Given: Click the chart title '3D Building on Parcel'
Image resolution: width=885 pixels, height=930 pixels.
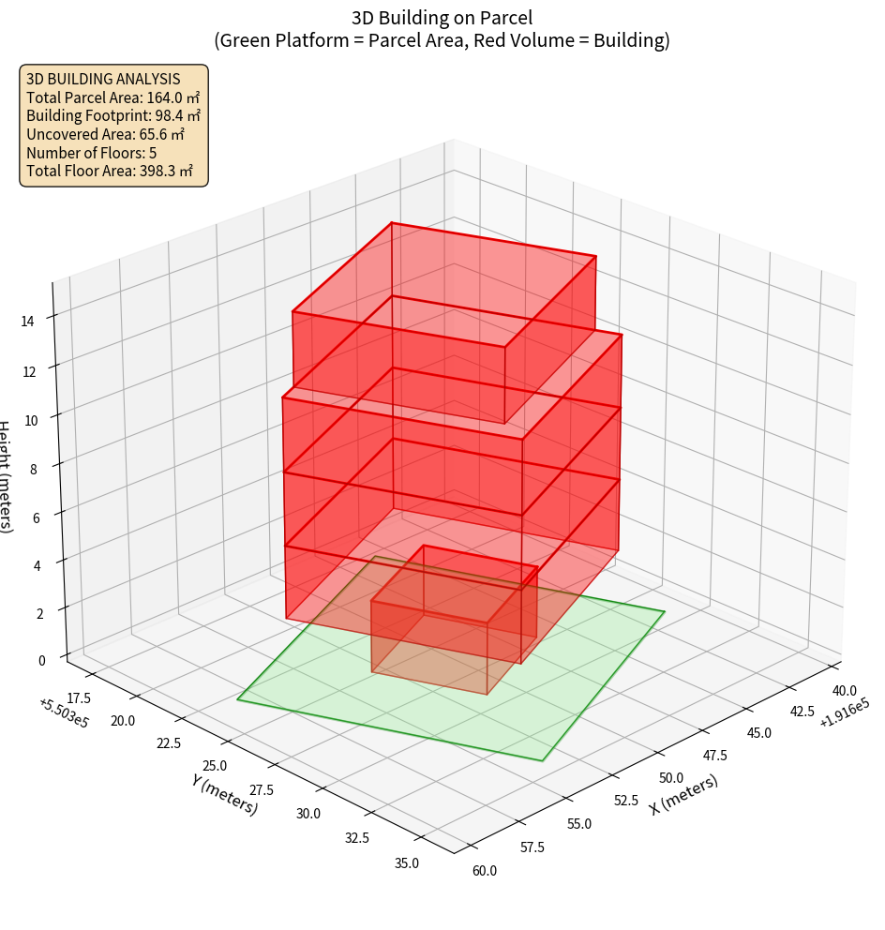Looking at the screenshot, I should coord(442,18).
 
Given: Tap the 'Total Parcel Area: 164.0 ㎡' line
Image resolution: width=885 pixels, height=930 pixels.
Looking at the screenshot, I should coord(112,97).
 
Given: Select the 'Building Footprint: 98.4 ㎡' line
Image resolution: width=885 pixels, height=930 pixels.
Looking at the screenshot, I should coord(113,116).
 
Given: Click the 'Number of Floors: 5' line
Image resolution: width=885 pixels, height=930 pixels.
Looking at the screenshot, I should coord(92,153).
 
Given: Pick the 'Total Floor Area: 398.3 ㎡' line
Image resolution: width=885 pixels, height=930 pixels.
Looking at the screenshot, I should coord(110,171).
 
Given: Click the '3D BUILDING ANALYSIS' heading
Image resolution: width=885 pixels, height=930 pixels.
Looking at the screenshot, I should coord(103,79).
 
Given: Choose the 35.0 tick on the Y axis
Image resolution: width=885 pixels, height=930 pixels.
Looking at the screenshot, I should coord(407,863).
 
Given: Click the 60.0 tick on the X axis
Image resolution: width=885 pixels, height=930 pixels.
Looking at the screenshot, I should coord(485,871).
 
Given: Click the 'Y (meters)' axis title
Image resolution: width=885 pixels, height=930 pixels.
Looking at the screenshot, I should coord(225,794).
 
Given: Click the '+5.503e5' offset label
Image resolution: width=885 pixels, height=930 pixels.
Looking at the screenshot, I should coord(64,712).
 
